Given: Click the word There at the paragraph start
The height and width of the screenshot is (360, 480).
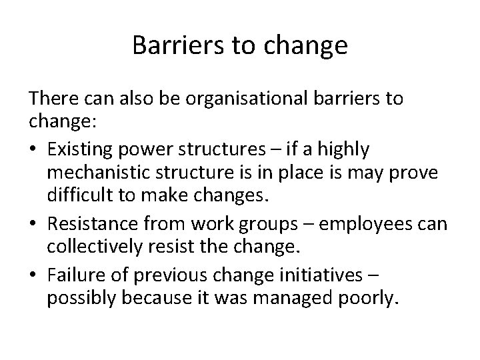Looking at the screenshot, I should point(51,99).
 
